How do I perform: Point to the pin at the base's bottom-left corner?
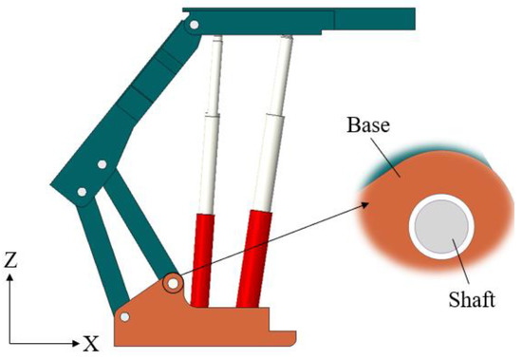click(x=124, y=316)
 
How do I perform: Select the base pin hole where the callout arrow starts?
click(x=173, y=283)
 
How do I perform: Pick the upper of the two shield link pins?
click(x=102, y=167)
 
